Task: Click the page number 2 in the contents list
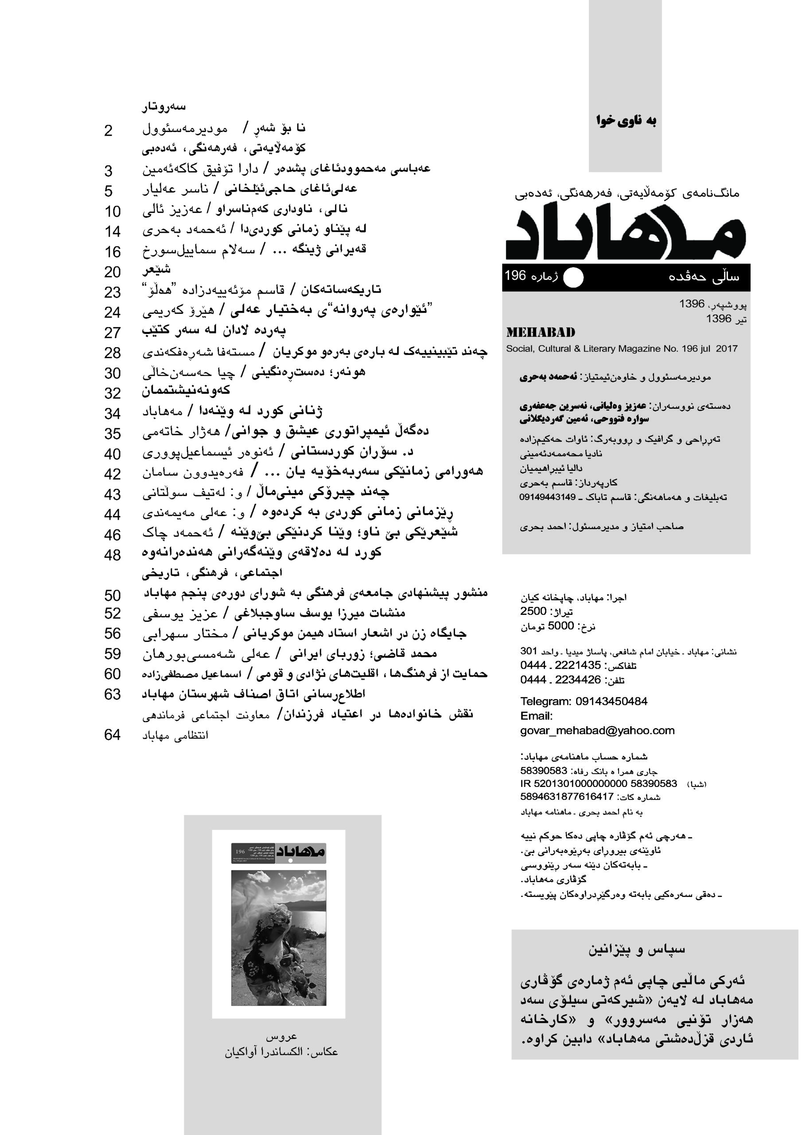[109, 131]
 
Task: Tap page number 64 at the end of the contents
[112, 735]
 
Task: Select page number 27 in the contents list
[112, 333]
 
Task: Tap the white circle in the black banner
[573, 278]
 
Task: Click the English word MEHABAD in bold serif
[541, 333]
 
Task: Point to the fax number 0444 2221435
[561, 665]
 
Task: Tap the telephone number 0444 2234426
[561, 680]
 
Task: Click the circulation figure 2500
[533, 611]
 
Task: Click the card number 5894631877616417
[566, 796]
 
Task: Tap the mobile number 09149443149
[547, 497]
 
